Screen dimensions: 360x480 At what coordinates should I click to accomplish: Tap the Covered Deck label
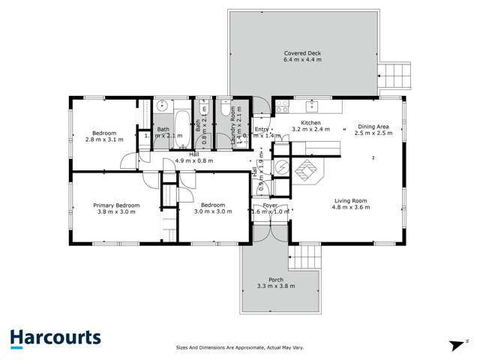point(304,53)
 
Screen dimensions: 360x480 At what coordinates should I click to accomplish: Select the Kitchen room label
point(310,121)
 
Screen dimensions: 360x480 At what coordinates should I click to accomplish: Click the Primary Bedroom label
point(116,205)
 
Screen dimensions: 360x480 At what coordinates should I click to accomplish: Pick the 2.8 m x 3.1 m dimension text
point(102,139)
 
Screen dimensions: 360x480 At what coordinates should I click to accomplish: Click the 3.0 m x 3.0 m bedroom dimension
point(213,211)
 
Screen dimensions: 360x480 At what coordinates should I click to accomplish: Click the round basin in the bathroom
point(162,106)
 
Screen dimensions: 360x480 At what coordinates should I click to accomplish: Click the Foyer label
point(270,205)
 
